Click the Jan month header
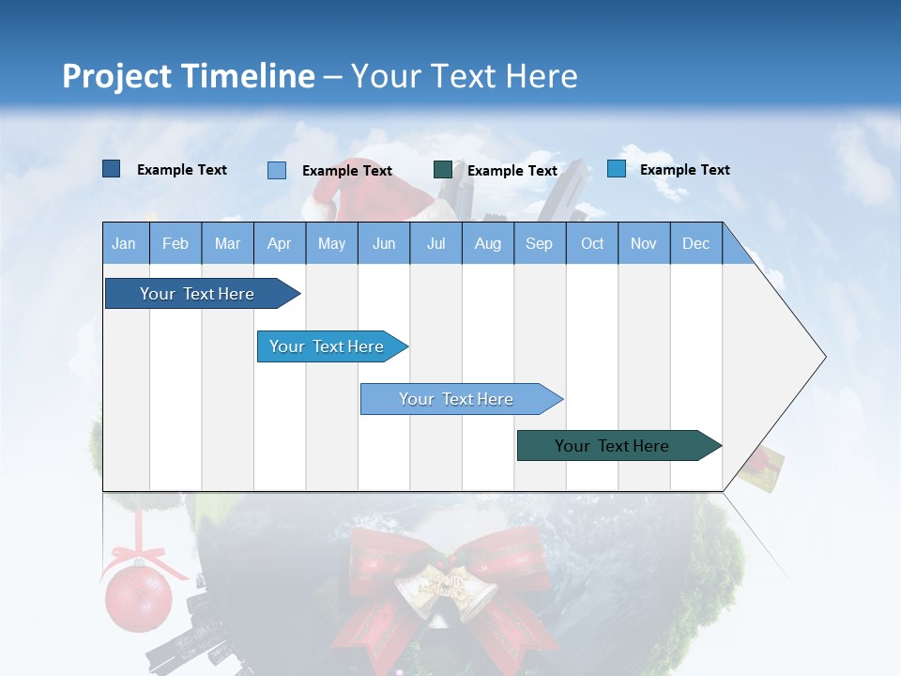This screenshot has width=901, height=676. coord(124,243)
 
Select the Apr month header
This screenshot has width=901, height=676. coord(279,243)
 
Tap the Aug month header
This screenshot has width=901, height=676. coord(487,243)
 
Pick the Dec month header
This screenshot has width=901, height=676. coord(695,243)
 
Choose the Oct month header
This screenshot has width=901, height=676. coord(592,243)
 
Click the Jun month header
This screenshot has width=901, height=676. coord(384,243)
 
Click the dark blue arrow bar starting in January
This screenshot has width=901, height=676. coord(197,294)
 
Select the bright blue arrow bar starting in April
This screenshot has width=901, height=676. coord(327,346)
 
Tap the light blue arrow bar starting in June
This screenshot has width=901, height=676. coord(456,399)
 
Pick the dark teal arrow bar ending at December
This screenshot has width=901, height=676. coord(612,446)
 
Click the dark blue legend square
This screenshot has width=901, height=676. coord(112,169)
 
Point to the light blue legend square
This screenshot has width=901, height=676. coord(277,170)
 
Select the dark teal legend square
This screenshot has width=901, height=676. coord(443,170)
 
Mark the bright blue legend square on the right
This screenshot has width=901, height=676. coord(617,169)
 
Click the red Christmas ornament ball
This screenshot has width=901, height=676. coord(138,595)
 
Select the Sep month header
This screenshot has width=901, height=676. coord(539,243)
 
